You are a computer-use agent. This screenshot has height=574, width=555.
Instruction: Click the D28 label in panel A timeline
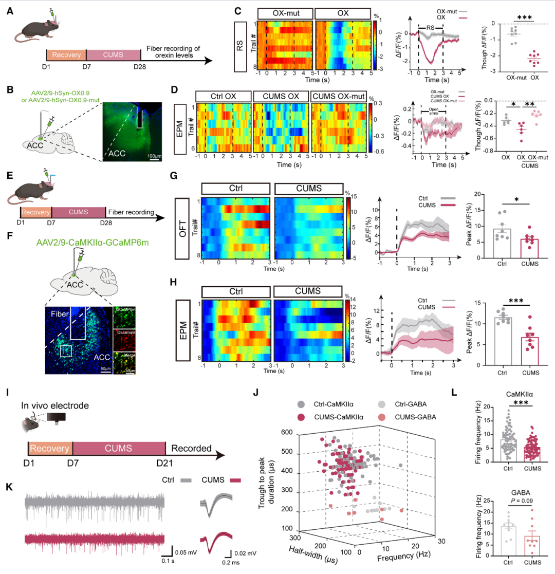pyautogui.click(x=140, y=67)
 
